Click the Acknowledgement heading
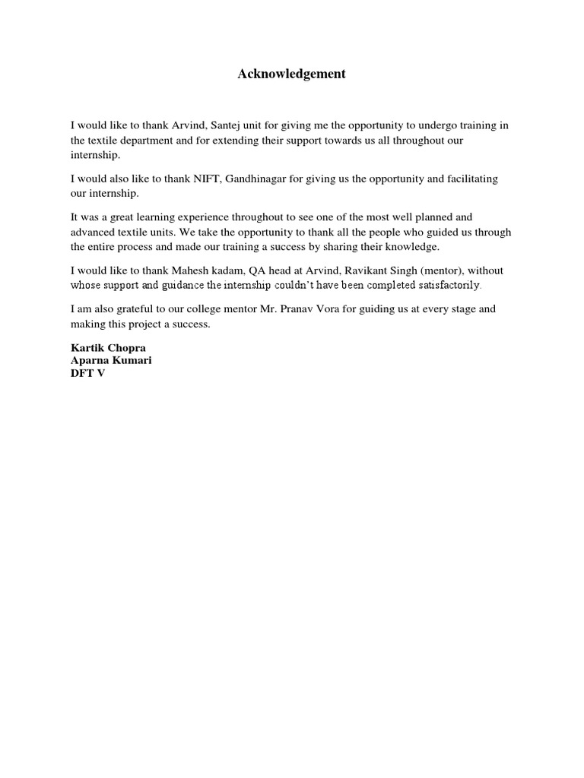[291, 74]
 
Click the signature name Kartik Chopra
[107, 348]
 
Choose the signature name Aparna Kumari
[111, 360]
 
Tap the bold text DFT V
[87, 373]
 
